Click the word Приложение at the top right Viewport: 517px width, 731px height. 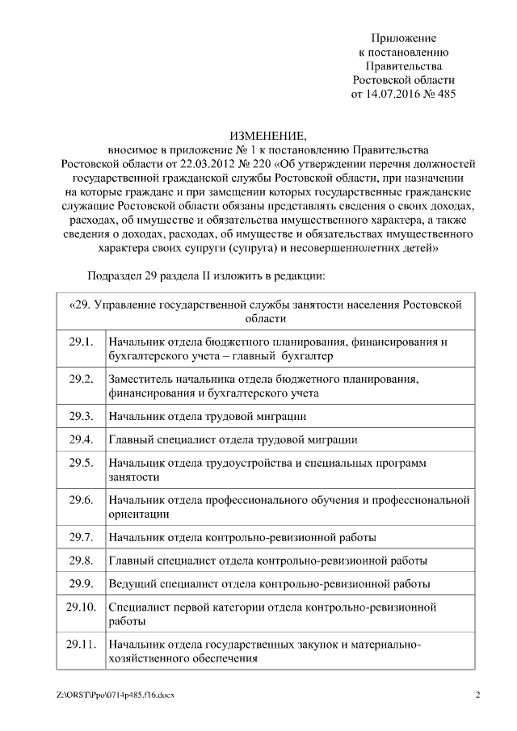403,38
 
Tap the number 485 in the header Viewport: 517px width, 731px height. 445,94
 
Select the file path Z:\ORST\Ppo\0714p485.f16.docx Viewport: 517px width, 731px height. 116,695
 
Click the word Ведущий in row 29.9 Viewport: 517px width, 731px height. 130,583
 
